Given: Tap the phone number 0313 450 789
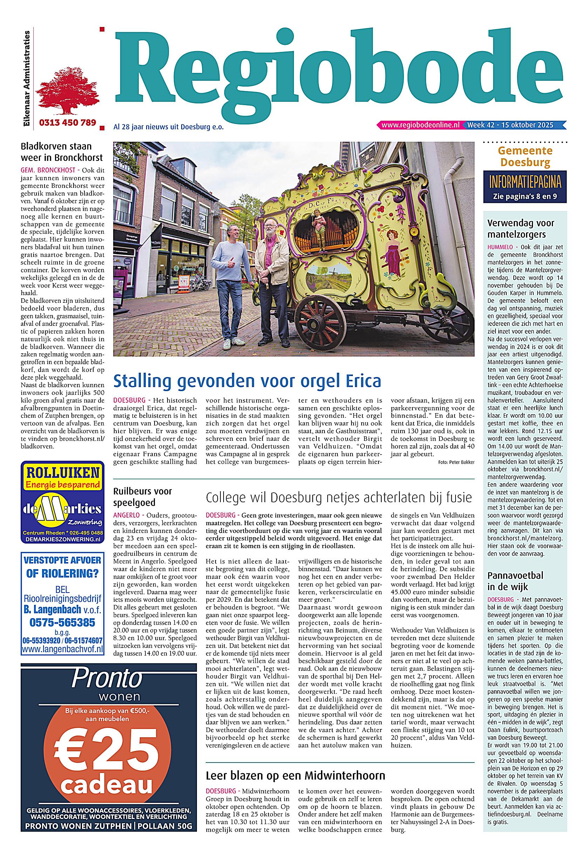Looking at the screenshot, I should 67,123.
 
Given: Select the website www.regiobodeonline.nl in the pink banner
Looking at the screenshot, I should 420,125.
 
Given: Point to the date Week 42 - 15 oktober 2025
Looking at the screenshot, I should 510,125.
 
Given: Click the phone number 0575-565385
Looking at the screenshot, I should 62,622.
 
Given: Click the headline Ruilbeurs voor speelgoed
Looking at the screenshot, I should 143,497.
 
